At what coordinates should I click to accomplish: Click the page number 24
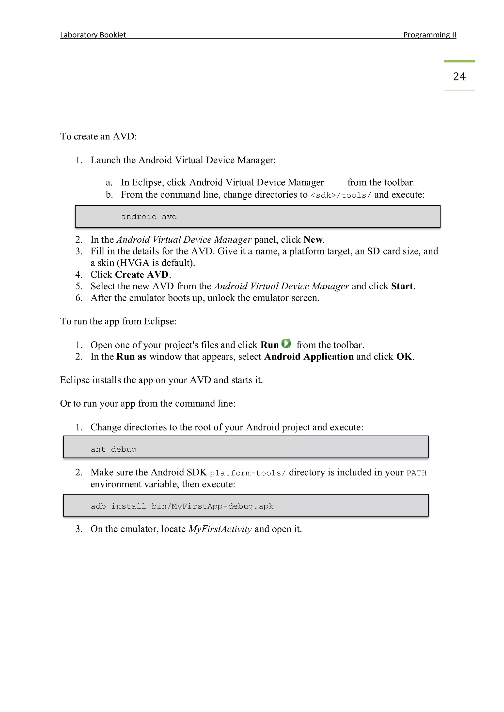tap(459, 77)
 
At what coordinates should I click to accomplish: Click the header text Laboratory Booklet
tap(93, 35)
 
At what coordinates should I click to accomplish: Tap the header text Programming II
tap(429, 35)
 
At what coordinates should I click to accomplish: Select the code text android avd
tap(149, 217)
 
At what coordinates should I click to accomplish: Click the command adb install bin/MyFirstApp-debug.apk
tap(182, 506)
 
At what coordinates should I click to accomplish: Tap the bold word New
tap(313, 240)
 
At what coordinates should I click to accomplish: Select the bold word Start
tap(402, 286)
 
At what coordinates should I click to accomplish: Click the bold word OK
tap(404, 357)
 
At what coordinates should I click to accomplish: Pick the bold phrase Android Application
tap(309, 357)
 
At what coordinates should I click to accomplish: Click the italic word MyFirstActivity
tap(220, 529)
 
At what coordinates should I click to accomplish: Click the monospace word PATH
tap(416, 473)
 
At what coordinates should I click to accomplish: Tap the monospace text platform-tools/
tap(247, 473)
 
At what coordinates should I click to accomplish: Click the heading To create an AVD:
tap(98, 136)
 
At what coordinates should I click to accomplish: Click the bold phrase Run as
tap(131, 357)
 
